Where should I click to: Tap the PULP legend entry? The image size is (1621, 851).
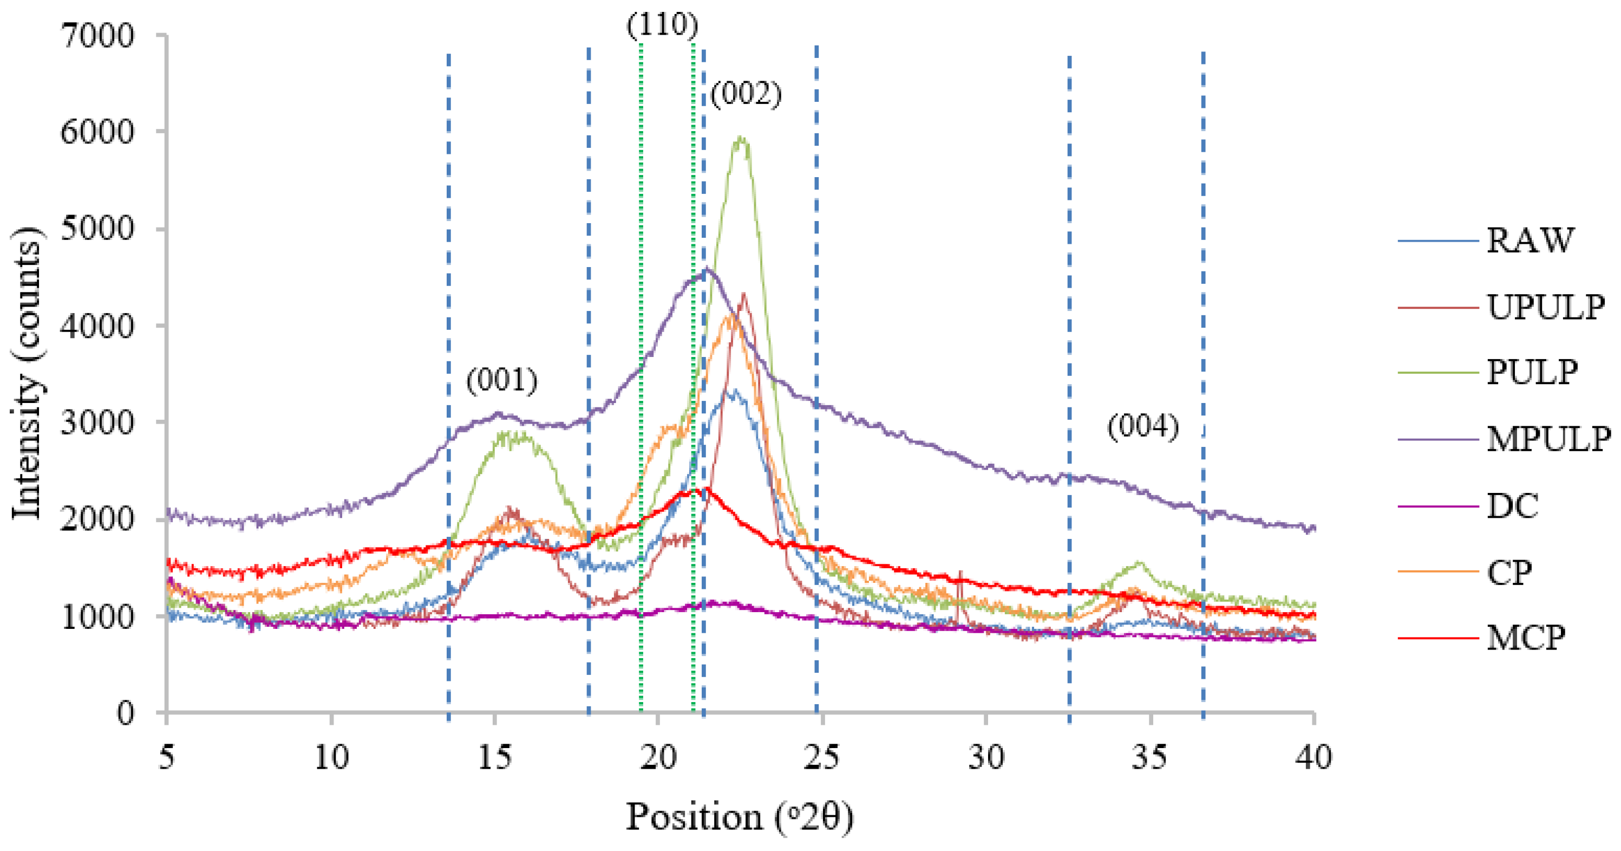pyautogui.click(x=1532, y=372)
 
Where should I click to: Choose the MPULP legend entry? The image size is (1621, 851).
pyautogui.click(x=1548, y=438)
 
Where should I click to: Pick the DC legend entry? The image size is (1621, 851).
pyautogui.click(x=1513, y=505)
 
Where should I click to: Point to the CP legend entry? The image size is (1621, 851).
pyautogui.click(x=1509, y=572)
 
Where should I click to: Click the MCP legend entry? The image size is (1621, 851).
pyautogui.click(x=1526, y=638)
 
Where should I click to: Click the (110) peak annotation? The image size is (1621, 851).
pyautogui.click(x=663, y=25)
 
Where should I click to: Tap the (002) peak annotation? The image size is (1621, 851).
pyautogui.click(x=746, y=94)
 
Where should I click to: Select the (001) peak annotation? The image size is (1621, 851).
pyautogui.click(x=502, y=380)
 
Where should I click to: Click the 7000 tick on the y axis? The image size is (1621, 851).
pyautogui.click(x=97, y=35)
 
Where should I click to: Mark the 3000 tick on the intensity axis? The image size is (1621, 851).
pyautogui.click(x=97, y=423)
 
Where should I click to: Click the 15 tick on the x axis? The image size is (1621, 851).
pyautogui.click(x=495, y=758)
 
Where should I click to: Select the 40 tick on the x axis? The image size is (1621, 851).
pyautogui.click(x=1314, y=758)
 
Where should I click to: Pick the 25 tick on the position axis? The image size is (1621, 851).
pyautogui.click(x=822, y=758)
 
